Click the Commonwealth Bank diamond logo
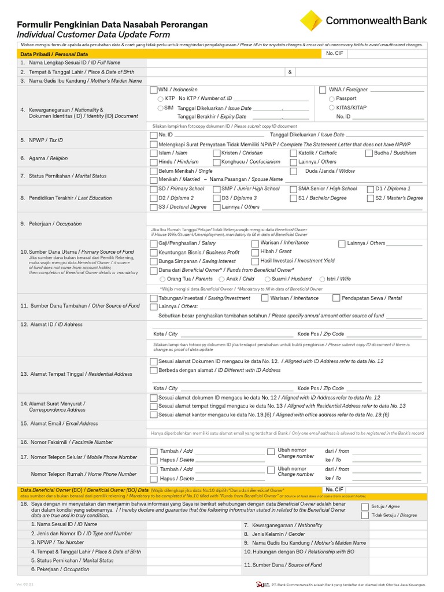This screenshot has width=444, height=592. coord(311,21)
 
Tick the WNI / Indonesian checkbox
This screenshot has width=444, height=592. coord(153,90)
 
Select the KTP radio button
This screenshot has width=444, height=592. coord(160,99)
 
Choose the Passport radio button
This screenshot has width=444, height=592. coord(331,99)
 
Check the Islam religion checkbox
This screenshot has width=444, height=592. coord(153,153)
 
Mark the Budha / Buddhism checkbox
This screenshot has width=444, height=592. coord(369,153)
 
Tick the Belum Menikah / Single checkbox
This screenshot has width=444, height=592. coord(153,171)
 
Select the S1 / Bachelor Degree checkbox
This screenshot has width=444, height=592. coord(293,198)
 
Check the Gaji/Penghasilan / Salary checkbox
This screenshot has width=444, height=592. coord(153,243)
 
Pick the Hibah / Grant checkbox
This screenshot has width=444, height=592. coord(256,252)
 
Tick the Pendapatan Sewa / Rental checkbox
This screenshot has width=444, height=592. coord(336,298)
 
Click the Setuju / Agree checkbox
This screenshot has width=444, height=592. coord(364,506)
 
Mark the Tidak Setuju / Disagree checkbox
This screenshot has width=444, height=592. coord(364,515)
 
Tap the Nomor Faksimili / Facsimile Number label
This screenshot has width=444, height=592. coord(67,442)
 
